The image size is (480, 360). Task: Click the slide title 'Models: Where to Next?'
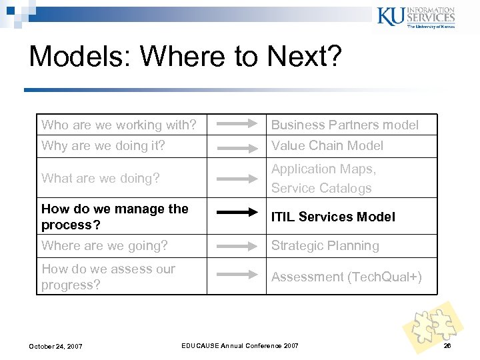coord(185,57)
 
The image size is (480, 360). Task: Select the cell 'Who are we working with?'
coord(119,125)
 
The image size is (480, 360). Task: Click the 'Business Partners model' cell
coord(345,125)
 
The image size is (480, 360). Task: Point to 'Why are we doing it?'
coord(103,145)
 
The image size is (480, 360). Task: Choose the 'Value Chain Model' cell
coord(327,145)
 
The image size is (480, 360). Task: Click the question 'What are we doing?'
coord(101,178)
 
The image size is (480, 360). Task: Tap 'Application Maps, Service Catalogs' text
coord(323,179)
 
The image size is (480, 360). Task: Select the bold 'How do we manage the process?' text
coord(115,216)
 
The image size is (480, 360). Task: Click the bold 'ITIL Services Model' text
coord(333,217)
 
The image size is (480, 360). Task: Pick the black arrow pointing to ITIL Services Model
coord(237,213)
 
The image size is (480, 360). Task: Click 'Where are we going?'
coord(105,245)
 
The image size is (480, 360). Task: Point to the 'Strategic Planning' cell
coord(325,245)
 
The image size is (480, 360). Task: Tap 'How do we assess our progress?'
coord(108,277)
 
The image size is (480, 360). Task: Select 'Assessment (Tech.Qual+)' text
coord(346,277)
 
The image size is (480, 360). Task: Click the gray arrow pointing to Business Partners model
coord(237,123)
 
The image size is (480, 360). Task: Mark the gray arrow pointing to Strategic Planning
coord(237,245)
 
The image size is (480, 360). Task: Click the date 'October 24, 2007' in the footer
coord(55,346)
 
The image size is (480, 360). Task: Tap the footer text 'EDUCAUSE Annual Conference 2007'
coord(241,345)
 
